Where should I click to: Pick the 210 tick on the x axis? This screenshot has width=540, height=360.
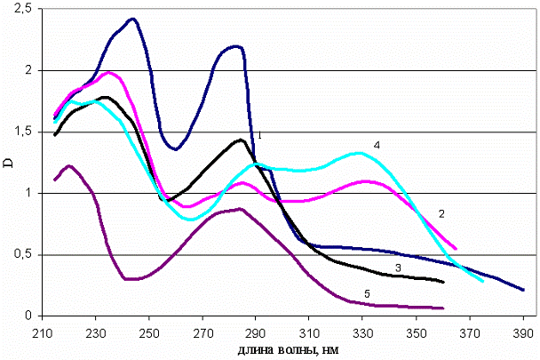click(43, 328)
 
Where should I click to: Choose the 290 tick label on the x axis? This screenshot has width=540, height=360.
click(256, 328)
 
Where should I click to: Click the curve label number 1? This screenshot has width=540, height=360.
click(258, 136)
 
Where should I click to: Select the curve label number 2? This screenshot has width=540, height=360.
click(441, 214)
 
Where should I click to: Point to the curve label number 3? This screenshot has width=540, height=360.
click(399, 268)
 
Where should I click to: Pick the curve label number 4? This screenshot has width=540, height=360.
click(377, 143)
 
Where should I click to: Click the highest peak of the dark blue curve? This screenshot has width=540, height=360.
click(131, 19)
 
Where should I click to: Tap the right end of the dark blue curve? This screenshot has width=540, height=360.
click(523, 290)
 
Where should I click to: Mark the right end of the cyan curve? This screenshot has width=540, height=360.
click(482, 281)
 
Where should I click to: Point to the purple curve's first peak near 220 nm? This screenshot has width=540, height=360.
click(68, 165)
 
